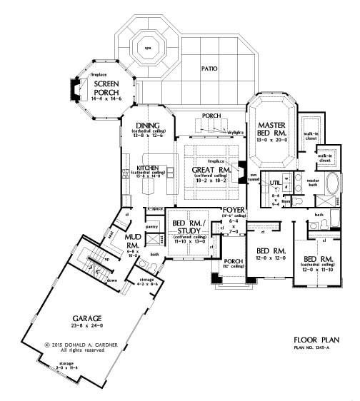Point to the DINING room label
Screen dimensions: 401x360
click(150, 126)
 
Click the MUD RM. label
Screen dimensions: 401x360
click(113, 237)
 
